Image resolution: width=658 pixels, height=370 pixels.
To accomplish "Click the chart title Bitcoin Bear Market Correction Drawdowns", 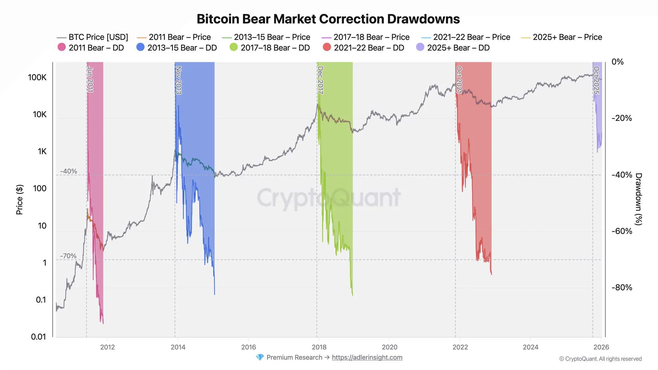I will coord(328,19).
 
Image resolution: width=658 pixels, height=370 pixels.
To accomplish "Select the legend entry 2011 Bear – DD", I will coord(91,48).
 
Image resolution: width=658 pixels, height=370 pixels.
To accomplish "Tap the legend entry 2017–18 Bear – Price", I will coord(366,37).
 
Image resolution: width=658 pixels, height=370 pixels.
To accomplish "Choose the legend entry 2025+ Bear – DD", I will coord(453,48).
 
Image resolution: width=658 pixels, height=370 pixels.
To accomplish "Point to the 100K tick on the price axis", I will coord(37,77).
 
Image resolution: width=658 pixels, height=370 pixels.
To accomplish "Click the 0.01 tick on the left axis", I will coord(38,336).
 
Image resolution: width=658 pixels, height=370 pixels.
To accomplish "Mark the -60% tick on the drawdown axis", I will coord(621,231).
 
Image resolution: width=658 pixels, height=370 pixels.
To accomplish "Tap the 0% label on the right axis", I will coord(617,62).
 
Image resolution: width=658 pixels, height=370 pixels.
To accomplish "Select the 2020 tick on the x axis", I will coord(390,347).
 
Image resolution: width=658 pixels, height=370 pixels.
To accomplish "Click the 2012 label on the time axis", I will coord(107,347).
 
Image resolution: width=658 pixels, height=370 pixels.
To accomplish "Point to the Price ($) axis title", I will coord(19,199).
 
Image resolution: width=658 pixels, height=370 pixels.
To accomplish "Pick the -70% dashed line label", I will coord(68,256).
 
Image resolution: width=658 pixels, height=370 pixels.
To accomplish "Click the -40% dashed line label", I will coord(68,171).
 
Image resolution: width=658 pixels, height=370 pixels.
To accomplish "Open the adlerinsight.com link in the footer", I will coord(367,358).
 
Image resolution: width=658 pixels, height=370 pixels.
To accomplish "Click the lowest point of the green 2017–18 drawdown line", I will coord(353,295).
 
